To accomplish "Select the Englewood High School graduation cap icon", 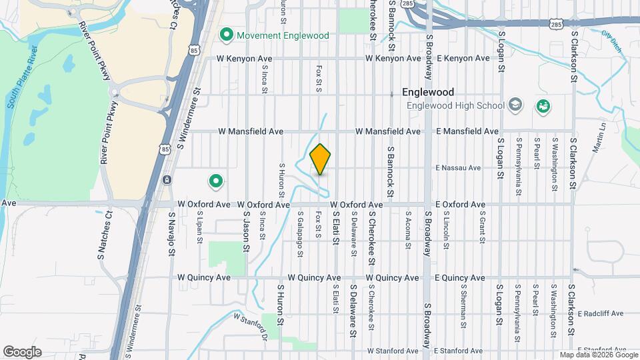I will (515, 105).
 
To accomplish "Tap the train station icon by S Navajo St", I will (167, 179).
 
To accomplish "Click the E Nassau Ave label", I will (457, 168).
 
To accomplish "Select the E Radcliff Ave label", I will (600, 313).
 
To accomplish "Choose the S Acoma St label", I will (408, 231).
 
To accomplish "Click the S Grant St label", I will (481, 227).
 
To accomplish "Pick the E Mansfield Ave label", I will (467, 131).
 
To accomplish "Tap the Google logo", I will (22, 351).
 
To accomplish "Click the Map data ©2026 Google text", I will (599, 355).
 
